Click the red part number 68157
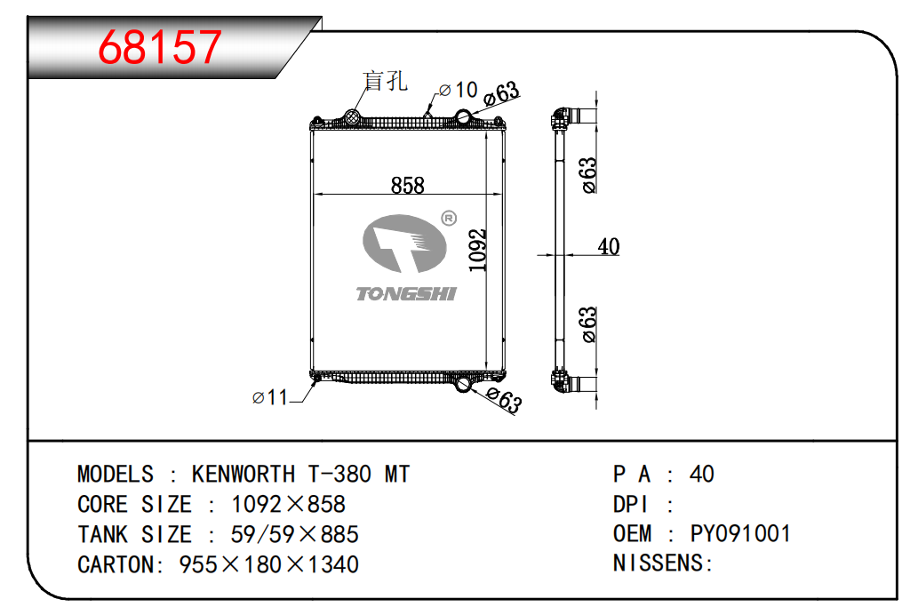point(160,47)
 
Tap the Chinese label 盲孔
point(385,81)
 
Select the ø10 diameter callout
point(459,90)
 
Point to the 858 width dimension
point(408,185)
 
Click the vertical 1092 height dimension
point(478,250)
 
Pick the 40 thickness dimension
point(608,246)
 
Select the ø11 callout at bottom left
point(270,397)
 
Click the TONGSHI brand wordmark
point(406,294)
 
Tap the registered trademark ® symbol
point(449,219)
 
